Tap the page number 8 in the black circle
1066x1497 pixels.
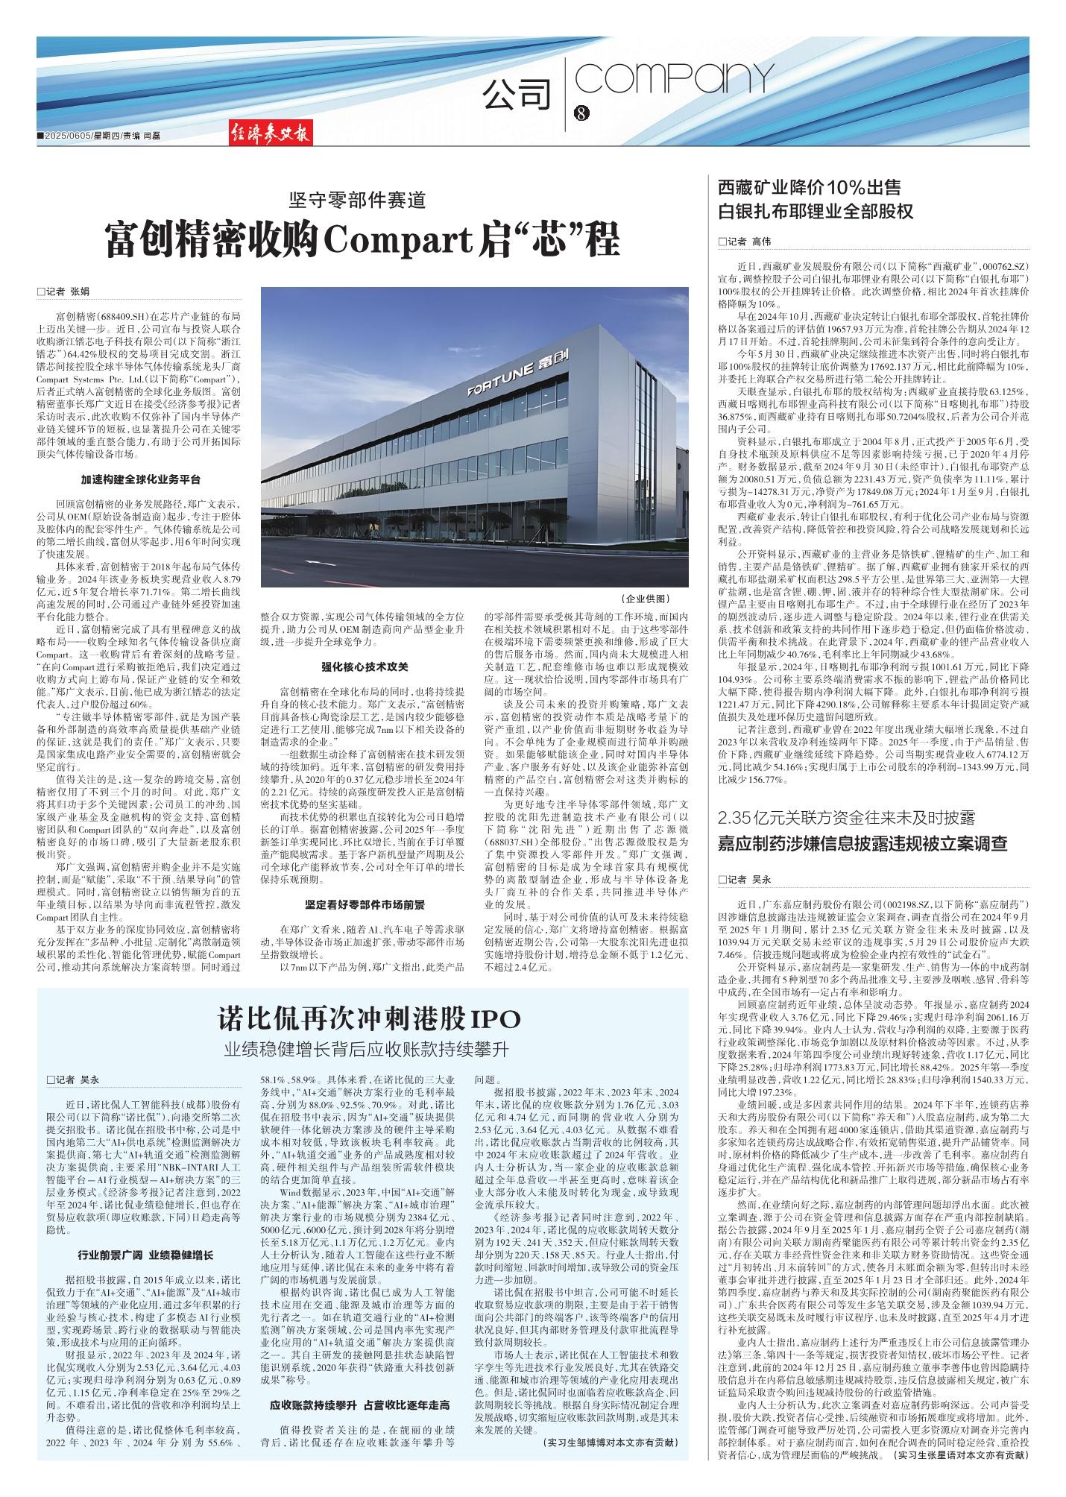point(582,113)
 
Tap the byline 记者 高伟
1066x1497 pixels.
point(746,242)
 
